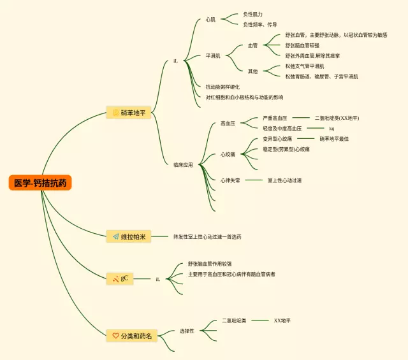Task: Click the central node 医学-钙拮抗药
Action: [41, 183]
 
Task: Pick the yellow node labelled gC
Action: [120, 278]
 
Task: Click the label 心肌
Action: [210, 20]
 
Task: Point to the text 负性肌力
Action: [252, 14]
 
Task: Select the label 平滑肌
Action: [213, 56]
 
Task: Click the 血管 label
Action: [253, 46]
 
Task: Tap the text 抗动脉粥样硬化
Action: [222, 87]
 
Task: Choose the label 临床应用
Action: [183, 164]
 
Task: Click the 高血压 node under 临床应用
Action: [228, 123]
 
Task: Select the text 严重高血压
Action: [275, 118]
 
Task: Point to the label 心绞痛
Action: [228, 154]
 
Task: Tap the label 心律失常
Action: [230, 180]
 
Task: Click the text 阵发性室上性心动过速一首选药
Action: [207, 237]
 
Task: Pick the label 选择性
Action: [187, 331]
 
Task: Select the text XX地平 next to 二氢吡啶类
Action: [282, 320]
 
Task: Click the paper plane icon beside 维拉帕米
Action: [115, 237]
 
